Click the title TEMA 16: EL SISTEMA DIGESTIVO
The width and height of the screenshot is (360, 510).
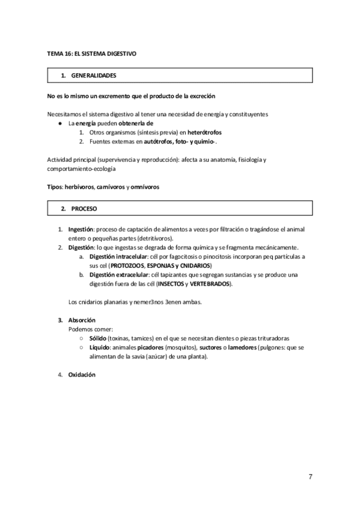(x=92, y=54)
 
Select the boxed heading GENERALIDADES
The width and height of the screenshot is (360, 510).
(x=93, y=76)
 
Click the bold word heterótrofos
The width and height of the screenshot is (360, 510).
(x=187, y=131)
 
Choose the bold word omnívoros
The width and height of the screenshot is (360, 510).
(x=142, y=187)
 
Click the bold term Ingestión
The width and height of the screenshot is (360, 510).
(x=81, y=230)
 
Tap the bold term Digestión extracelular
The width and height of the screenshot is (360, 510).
(x=119, y=274)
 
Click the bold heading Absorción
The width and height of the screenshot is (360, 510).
(x=82, y=319)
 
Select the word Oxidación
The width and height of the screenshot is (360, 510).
(x=82, y=375)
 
